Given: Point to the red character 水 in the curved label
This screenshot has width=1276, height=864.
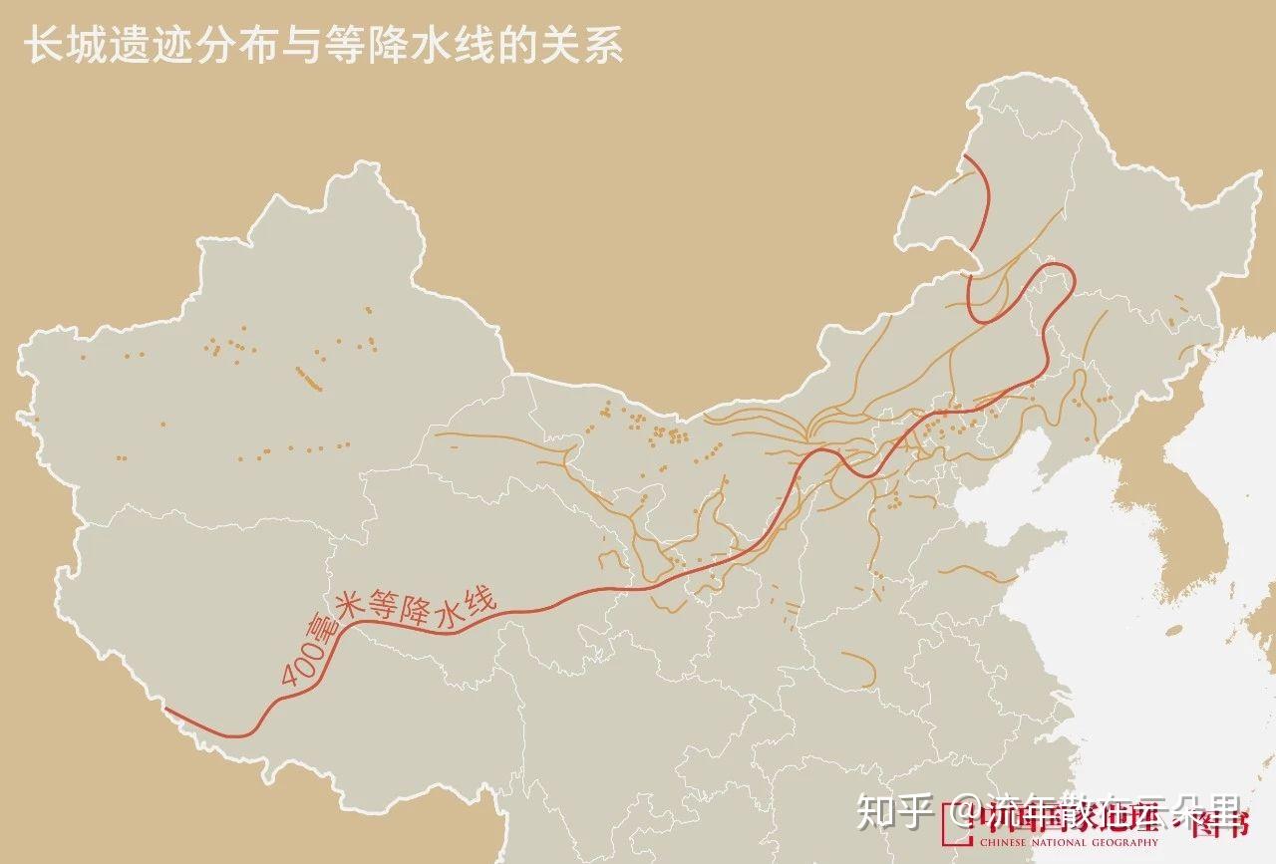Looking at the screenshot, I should pos(454,611).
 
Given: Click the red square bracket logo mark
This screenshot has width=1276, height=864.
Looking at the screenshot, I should pos(953,827).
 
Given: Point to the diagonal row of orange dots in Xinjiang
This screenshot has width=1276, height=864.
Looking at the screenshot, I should pos(309,378).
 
